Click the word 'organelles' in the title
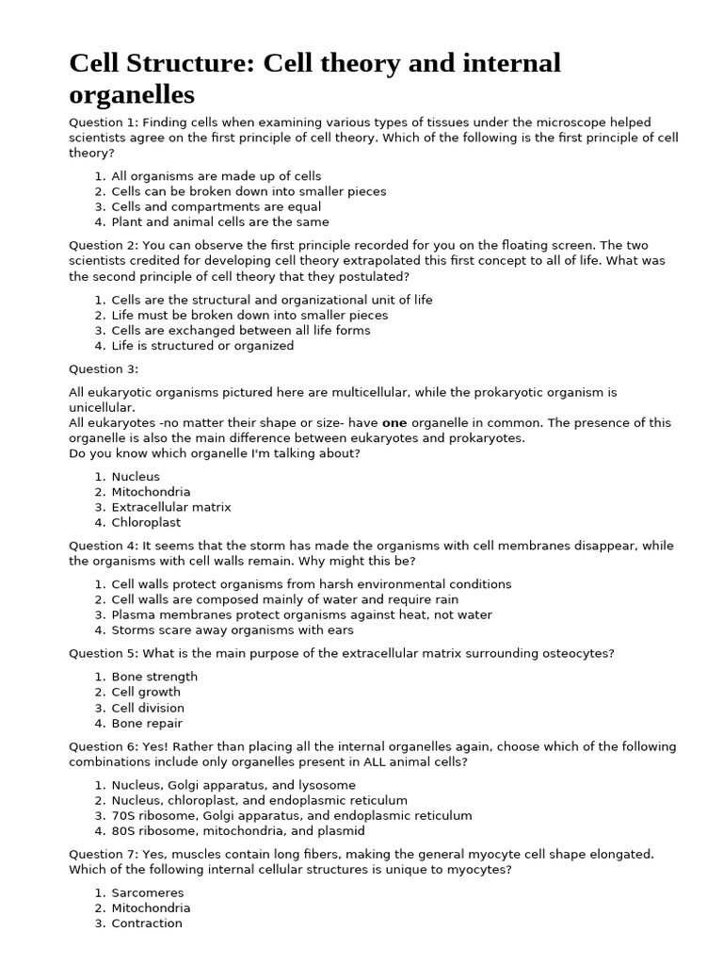click(132, 94)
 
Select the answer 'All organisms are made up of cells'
click(216, 176)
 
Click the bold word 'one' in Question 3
click(394, 423)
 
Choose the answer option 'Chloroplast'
click(146, 522)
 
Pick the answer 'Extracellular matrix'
click(170, 507)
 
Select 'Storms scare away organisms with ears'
click(229, 630)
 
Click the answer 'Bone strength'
click(154, 677)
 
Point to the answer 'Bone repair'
click(147, 723)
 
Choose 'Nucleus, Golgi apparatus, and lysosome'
click(233, 785)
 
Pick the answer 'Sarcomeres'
click(148, 892)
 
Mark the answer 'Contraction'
click(147, 924)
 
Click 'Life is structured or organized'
click(202, 346)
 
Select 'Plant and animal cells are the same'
click(219, 222)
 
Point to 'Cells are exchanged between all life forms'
click(240, 331)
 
